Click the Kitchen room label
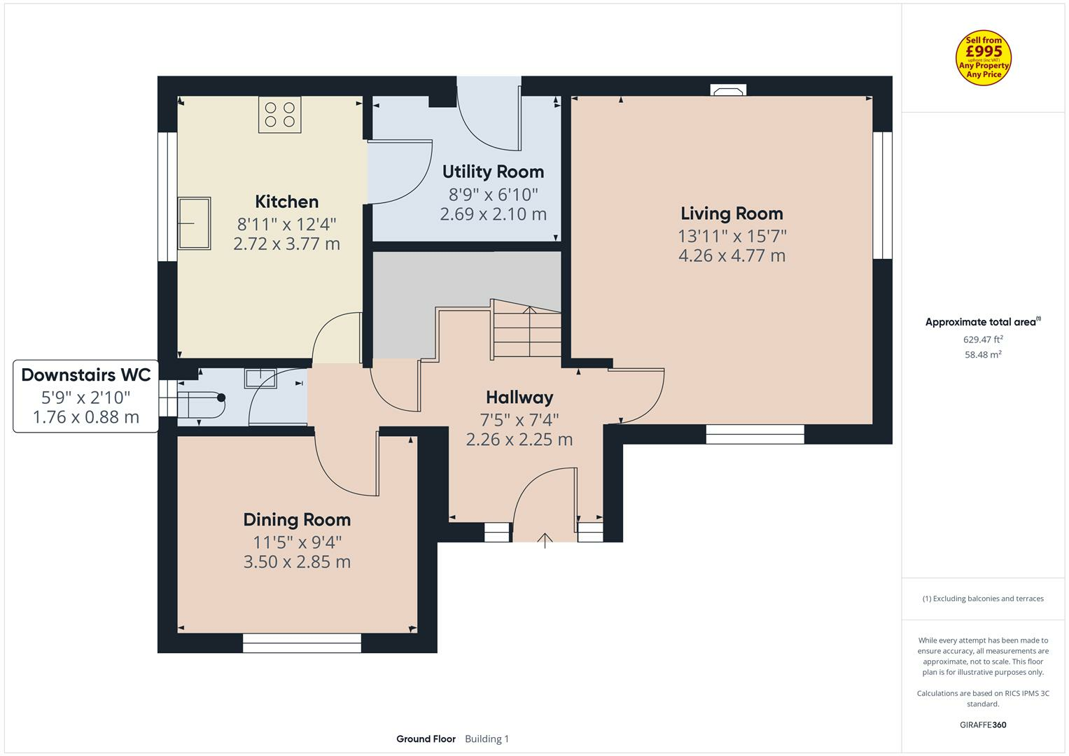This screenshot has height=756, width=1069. (286, 202)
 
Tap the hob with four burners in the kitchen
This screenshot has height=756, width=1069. (280, 115)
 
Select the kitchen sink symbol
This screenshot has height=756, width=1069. (194, 223)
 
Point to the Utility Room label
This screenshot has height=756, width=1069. (493, 171)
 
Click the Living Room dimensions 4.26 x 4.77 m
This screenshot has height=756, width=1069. (732, 255)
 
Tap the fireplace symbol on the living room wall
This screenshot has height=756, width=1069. (728, 90)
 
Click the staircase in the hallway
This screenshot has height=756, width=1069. (527, 332)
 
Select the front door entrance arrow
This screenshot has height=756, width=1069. (545, 540)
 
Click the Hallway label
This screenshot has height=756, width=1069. (519, 398)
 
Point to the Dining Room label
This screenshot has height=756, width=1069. (297, 519)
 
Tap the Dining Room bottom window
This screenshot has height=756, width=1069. (302, 643)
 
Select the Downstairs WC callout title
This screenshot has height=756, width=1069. (86, 374)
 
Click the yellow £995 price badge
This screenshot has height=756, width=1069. (983, 58)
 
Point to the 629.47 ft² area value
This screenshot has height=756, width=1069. (983, 339)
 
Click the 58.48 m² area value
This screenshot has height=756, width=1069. (983, 354)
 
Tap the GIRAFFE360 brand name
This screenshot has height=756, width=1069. (983, 724)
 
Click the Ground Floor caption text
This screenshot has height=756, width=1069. (426, 738)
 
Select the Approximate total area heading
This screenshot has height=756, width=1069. (981, 322)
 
